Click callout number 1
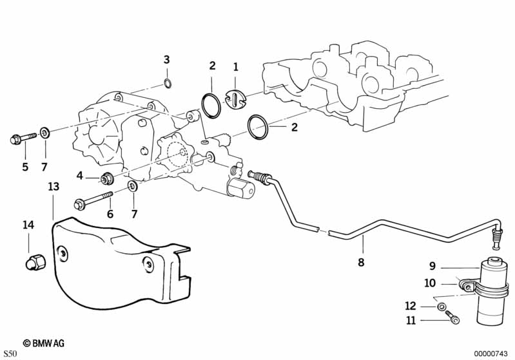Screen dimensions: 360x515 point(236,66)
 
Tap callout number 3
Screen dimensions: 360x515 point(166,60)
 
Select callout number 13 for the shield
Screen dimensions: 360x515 point(53,187)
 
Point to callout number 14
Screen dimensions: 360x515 point(28,225)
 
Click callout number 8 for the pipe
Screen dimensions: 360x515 point(361,262)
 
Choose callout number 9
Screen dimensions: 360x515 point(432,265)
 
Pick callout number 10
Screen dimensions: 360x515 point(431,282)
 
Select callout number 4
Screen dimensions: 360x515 point(80,175)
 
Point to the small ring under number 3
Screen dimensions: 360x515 point(167,82)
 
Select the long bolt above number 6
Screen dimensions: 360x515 point(94,200)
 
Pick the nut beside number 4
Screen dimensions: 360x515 point(107,177)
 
